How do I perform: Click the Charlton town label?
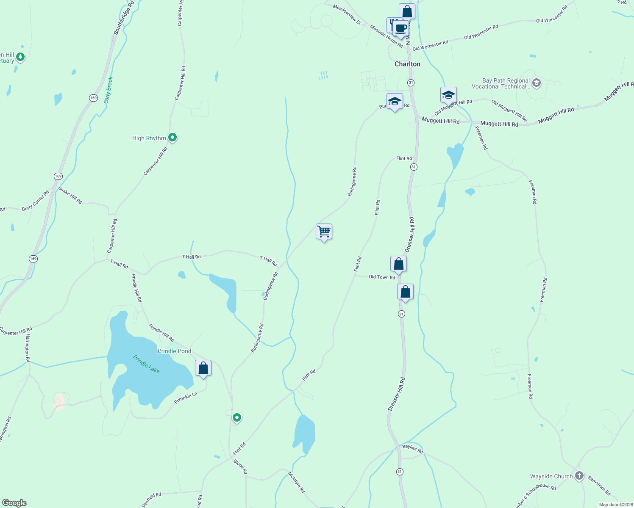pos(407,64)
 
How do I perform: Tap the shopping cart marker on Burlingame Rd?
pos(324,232)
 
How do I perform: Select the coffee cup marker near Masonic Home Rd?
pos(400,29)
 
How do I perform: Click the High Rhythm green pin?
pos(172,138)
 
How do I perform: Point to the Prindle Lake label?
pos(147,364)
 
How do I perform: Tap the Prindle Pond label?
pos(174,351)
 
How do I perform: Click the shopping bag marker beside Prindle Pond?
pos(203,368)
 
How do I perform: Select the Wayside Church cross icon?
pos(579,476)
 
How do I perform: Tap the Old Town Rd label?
pos(381,277)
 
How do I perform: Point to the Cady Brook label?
pos(108,89)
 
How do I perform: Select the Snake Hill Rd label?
pos(70,196)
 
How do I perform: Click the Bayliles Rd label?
pos(412,448)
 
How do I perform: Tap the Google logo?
pos(14,502)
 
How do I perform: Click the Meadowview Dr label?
pos(347,14)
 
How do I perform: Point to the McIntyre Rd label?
pos(296,482)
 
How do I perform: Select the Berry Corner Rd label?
pos(36,201)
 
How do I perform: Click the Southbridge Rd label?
pos(124,18)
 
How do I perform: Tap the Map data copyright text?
pos(615,505)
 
